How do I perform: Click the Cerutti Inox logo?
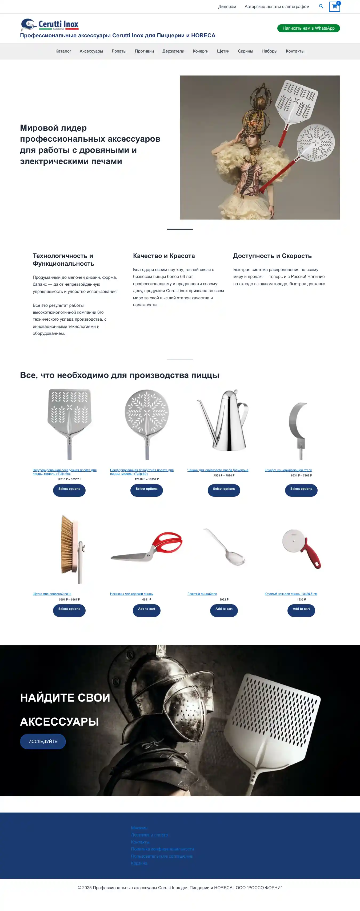click(50, 24)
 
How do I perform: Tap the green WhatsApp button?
click(308, 28)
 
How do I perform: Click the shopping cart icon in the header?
click(334, 6)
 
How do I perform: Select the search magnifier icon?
click(321, 6)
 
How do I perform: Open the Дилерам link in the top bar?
click(227, 7)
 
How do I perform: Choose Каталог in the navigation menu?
click(63, 51)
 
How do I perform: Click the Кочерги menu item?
click(201, 51)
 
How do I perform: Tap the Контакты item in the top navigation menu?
click(295, 51)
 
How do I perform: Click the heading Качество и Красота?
click(164, 256)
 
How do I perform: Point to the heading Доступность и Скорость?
click(272, 256)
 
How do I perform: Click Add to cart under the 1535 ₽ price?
click(301, 609)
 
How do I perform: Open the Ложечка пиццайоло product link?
click(202, 594)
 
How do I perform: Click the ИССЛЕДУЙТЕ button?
click(43, 741)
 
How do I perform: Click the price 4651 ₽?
click(146, 599)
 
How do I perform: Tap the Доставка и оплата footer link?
click(149, 835)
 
